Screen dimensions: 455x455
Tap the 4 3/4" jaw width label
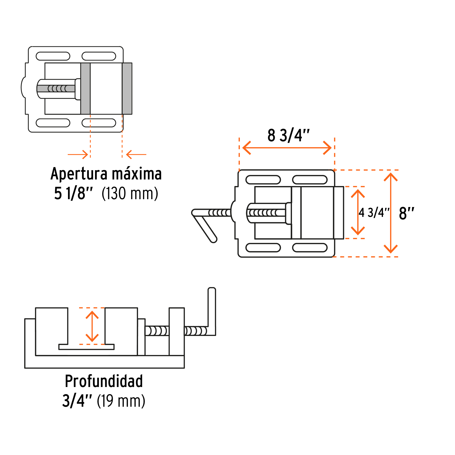point(374,213)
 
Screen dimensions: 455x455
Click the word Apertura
point(79,174)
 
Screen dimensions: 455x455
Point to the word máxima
point(136,174)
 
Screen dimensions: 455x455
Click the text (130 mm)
point(130,194)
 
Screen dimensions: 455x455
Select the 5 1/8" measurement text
point(73,194)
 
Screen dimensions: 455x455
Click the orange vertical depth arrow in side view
point(92,326)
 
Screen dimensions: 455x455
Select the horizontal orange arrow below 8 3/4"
point(287,148)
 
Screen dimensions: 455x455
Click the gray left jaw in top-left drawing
point(85,88)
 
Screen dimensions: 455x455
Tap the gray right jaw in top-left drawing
point(127,88)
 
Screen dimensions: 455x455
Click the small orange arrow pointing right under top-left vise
point(78,154)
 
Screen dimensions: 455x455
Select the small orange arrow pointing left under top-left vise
point(136,154)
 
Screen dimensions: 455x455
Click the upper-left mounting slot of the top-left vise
point(53,56)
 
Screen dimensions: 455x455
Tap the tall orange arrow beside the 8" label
point(391,213)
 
